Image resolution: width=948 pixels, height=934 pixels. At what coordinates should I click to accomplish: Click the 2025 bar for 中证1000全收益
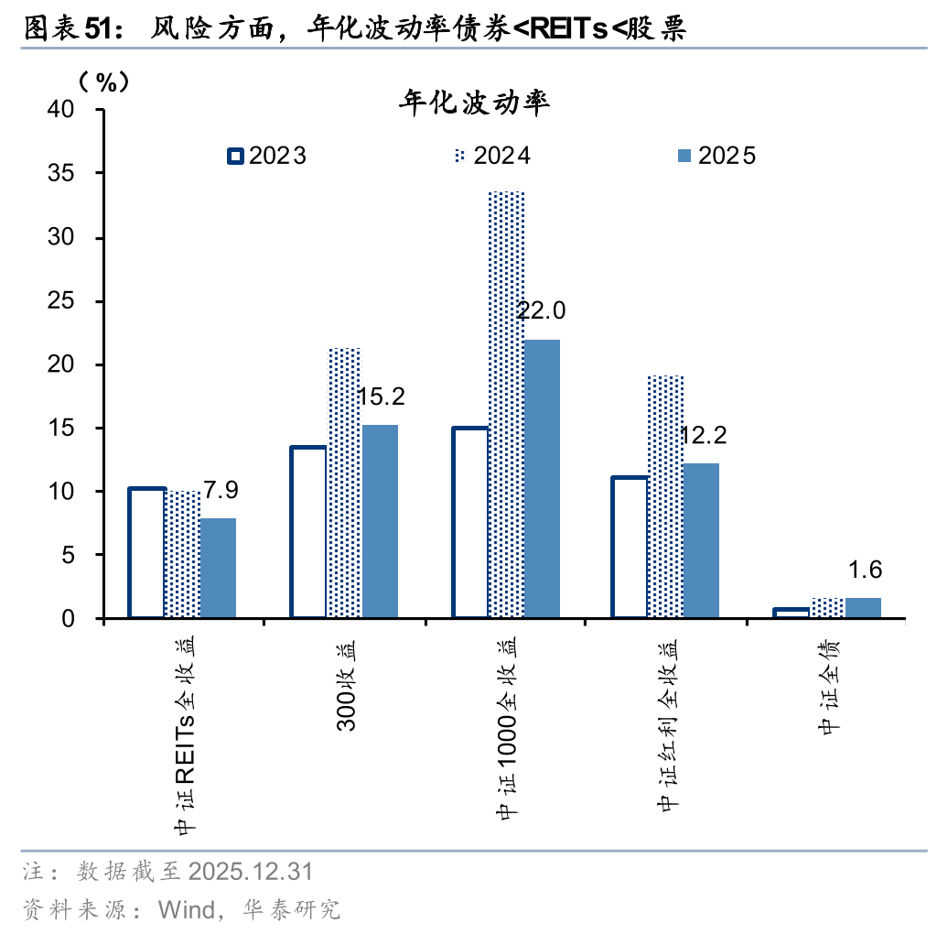[542, 479]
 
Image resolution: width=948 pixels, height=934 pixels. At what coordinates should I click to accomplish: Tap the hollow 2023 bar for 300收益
[309, 532]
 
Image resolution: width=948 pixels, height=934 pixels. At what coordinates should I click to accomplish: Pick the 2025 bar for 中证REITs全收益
[218, 568]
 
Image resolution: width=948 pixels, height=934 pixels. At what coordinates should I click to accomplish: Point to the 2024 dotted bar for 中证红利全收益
[666, 496]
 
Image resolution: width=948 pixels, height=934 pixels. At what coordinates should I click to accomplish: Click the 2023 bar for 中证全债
[792, 613]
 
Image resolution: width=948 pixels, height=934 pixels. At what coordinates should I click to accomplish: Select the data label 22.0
[541, 310]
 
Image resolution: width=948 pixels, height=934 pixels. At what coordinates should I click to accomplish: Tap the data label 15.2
[380, 396]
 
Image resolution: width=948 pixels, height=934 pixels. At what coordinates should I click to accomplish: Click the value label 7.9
[219, 490]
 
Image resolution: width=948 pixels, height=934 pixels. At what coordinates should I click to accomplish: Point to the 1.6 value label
[865, 570]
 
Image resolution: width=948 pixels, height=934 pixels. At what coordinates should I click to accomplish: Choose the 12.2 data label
[703, 435]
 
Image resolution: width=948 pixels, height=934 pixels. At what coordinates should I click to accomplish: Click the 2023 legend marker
[235, 156]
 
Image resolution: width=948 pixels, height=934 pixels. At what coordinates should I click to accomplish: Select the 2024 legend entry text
[502, 156]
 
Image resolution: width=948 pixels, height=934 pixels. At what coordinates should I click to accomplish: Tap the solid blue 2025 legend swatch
[684, 156]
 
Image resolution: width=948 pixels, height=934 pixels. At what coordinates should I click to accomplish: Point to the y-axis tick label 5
[81, 556]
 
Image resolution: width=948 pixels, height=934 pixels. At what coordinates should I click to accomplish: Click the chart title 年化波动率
[473, 103]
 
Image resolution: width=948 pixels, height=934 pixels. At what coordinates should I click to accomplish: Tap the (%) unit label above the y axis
[104, 82]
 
